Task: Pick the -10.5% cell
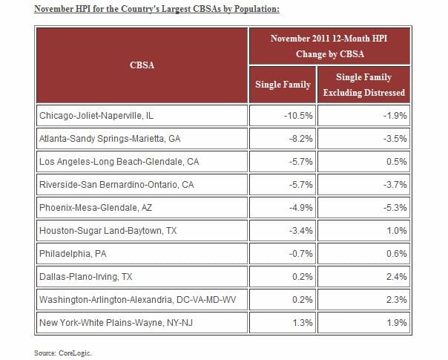click(x=298, y=116)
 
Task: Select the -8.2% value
click(x=300, y=138)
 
